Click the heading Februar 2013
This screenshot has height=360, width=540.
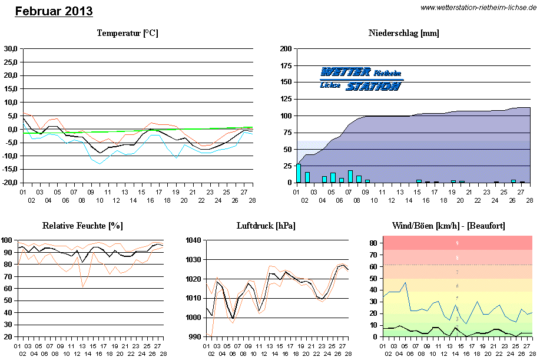54,11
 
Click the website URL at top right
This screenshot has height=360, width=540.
479,7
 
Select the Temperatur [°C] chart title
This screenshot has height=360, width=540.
127,33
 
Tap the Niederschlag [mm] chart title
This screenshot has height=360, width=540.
403,33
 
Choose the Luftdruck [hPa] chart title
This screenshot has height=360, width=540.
266,226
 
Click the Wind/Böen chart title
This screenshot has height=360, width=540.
448,226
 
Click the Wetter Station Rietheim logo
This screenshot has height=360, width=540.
361,79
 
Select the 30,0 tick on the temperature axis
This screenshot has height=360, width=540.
11,49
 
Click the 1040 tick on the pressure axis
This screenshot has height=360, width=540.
194,240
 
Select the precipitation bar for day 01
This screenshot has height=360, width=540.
299,173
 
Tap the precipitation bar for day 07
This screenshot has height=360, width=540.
350,176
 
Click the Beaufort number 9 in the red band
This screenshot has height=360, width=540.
457,243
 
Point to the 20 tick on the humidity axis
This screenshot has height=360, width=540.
9,337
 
